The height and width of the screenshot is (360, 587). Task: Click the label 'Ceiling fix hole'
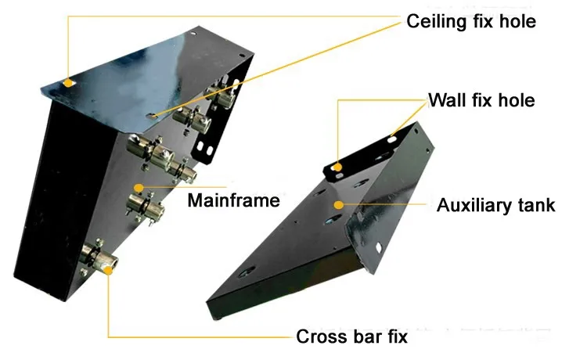[x=471, y=21]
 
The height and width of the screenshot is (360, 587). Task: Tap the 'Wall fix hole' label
[x=481, y=100]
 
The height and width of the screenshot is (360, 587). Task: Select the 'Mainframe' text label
[x=233, y=200]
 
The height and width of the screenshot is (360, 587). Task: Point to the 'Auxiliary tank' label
[x=495, y=205]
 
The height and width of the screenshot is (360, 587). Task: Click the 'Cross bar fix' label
[x=351, y=336]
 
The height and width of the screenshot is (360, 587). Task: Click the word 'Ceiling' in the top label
[x=437, y=21]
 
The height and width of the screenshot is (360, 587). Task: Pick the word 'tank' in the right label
[x=536, y=205]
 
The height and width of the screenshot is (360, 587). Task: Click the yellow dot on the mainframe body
[x=139, y=188]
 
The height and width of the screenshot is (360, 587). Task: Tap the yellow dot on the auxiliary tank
[x=339, y=205]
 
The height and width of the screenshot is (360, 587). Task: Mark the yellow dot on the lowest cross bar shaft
[x=109, y=270]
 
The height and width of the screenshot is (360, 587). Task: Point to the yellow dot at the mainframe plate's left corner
[x=68, y=83]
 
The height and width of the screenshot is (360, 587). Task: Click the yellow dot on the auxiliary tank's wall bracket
[x=337, y=167]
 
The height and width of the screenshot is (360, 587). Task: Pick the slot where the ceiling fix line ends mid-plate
[x=153, y=116]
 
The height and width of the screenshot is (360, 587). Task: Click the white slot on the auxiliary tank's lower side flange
[x=378, y=247]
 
